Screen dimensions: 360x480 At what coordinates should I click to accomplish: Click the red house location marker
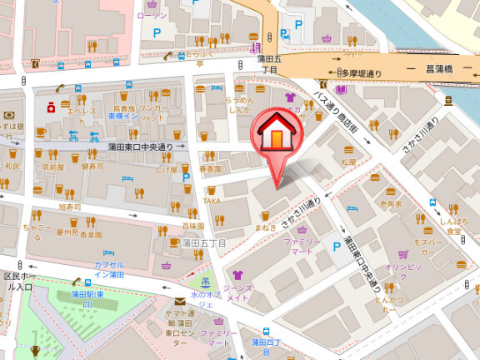274,133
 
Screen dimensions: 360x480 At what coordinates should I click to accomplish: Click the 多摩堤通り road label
361,73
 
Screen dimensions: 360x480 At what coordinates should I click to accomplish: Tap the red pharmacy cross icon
51,107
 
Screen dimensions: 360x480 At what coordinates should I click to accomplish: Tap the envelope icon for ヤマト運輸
179,302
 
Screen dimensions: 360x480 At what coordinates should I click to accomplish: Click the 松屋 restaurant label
348,162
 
